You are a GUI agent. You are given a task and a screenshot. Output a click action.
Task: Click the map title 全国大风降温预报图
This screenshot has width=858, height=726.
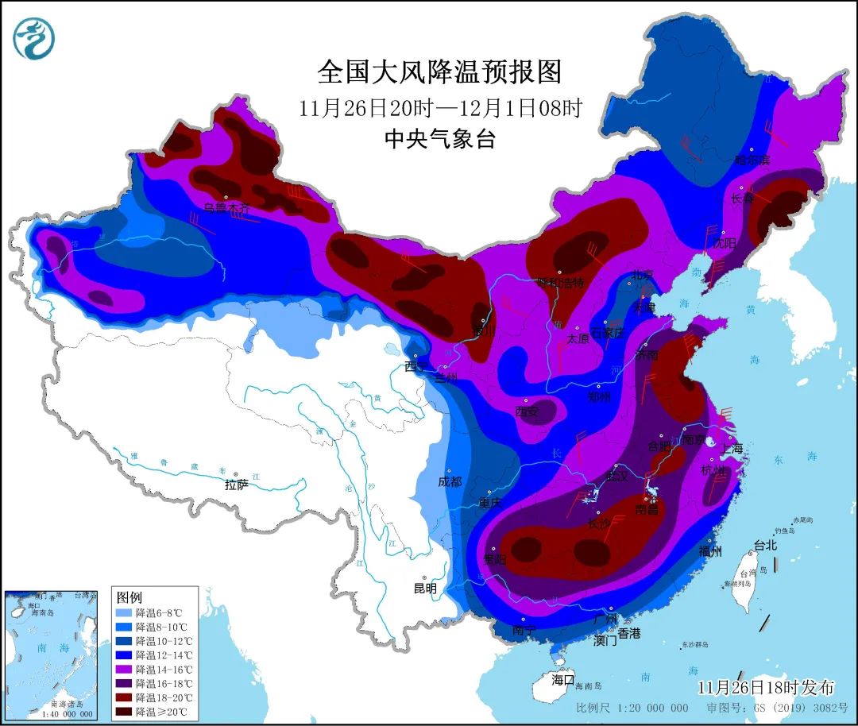pyautogui.click(x=439, y=72)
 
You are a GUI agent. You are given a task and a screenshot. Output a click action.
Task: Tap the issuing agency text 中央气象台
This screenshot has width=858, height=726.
pyautogui.click(x=439, y=140)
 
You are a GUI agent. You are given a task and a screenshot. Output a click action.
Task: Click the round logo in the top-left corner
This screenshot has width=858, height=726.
pyautogui.click(x=34, y=37)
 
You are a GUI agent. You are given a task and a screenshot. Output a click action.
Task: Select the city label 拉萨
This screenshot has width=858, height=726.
pyautogui.click(x=237, y=484)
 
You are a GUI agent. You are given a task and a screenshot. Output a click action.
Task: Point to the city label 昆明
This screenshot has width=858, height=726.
pyautogui.click(x=425, y=589)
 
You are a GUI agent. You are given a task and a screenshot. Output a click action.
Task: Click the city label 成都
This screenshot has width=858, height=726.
pyautogui.click(x=449, y=481)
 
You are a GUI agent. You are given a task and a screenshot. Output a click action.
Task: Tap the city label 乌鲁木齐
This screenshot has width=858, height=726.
pyautogui.click(x=226, y=208)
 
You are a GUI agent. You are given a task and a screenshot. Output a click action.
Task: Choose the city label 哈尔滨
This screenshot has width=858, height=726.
pyautogui.click(x=752, y=160)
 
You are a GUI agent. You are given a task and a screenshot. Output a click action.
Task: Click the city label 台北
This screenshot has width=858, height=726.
pyautogui.click(x=766, y=546)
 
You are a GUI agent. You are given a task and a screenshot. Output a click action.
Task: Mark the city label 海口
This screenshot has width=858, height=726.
pyautogui.click(x=563, y=680)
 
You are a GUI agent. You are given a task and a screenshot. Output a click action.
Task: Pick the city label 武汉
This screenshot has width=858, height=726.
pyautogui.click(x=616, y=476)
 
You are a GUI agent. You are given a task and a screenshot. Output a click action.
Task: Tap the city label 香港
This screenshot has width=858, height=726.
pyautogui.click(x=628, y=633)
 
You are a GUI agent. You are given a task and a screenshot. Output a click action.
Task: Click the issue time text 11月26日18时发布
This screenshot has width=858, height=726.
pyautogui.click(x=766, y=687)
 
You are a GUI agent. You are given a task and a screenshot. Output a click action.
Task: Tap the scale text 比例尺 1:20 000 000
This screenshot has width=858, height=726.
pyautogui.click(x=632, y=708)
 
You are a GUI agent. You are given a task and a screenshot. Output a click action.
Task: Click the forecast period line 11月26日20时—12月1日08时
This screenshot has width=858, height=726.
pyautogui.click(x=439, y=107)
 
